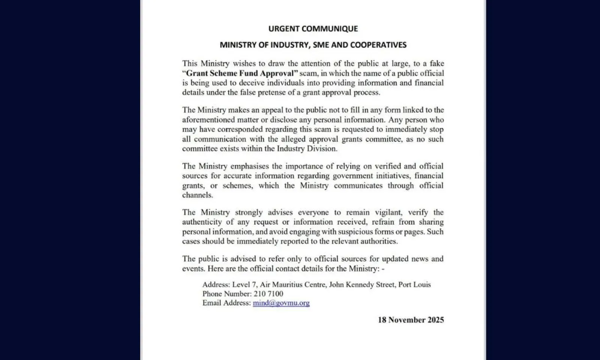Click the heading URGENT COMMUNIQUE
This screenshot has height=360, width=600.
(313, 28)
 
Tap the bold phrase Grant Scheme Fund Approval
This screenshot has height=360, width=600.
(240, 73)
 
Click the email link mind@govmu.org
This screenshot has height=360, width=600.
(281, 303)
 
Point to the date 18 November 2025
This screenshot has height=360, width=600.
(411, 320)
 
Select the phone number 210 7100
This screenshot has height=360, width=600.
(268, 294)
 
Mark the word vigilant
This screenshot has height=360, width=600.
(383, 212)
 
